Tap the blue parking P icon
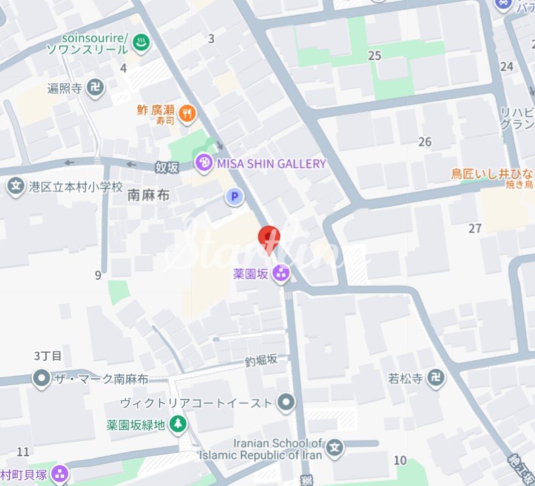(234, 197)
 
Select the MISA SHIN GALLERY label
(271, 164)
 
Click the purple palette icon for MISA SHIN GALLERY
(203, 163)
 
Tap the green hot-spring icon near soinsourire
(142, 43)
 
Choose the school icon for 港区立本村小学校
(16, 186)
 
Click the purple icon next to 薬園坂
(281, 274)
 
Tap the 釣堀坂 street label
(261, 360)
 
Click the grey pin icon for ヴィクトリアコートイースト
(286, 403)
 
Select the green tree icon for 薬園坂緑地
(178, 424)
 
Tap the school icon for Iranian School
(336, 447)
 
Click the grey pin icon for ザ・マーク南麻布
(42, 379)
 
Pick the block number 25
(375, 55)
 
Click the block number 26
(425, 142)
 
